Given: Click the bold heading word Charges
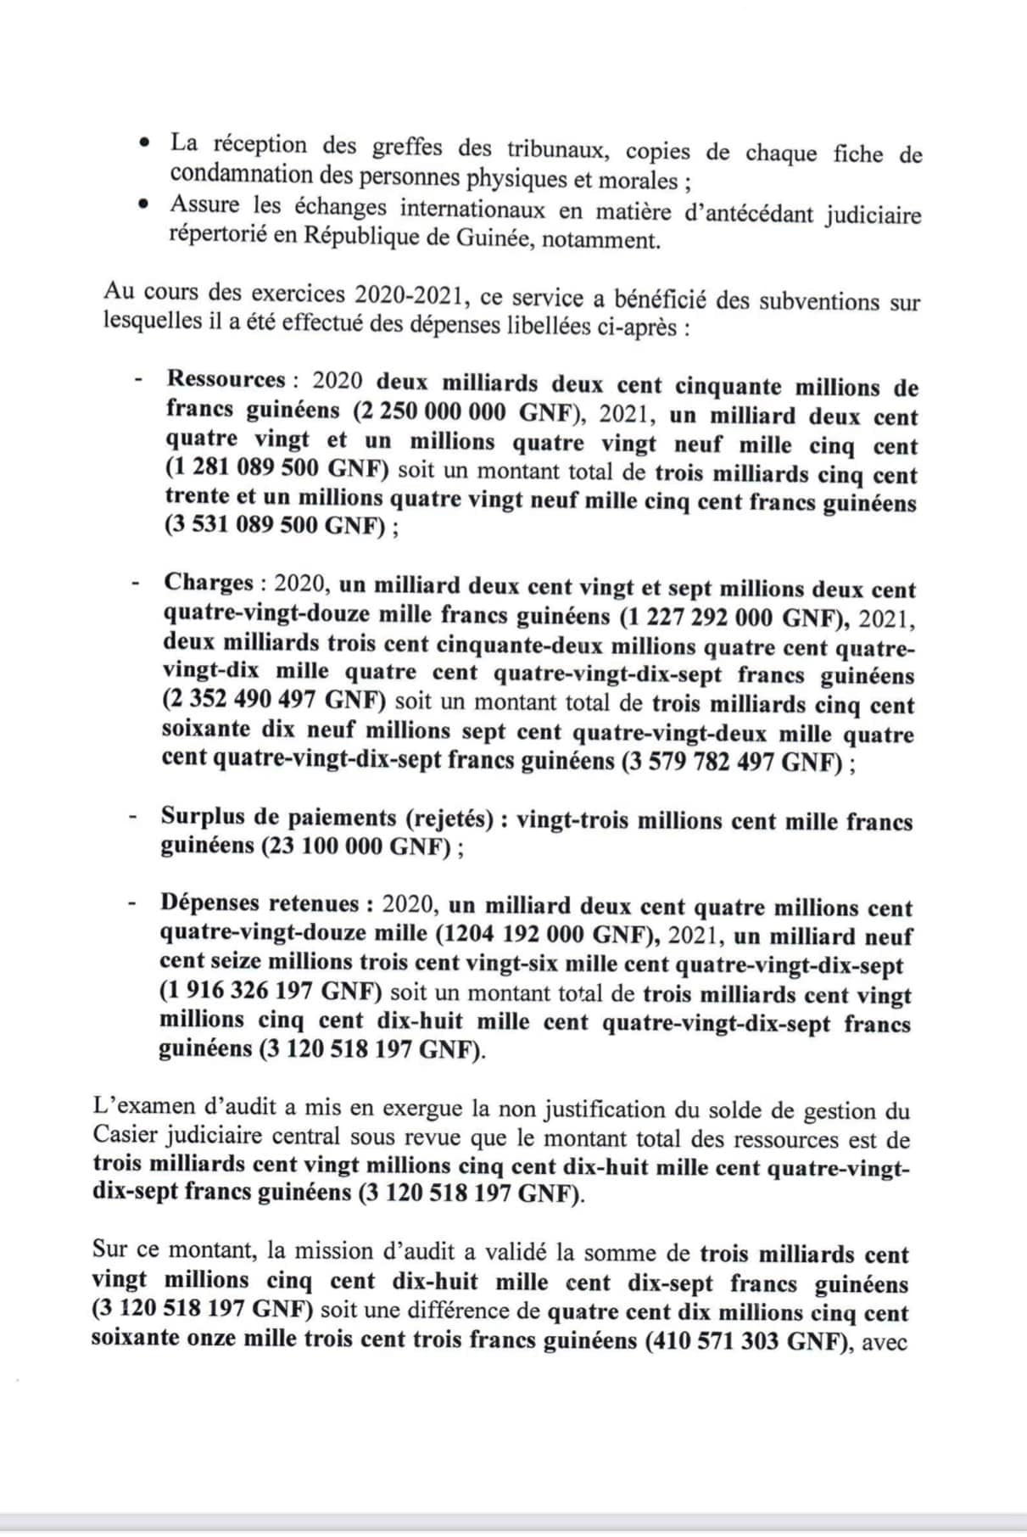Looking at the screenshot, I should click(x=209, y=583).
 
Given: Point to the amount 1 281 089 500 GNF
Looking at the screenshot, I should click(x=276, y=470).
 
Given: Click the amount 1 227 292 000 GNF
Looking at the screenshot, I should click(x=734, y=618).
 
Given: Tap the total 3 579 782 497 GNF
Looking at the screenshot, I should click(x=734, y=762).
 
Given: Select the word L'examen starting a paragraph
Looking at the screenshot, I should click(x=138, y=1108).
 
